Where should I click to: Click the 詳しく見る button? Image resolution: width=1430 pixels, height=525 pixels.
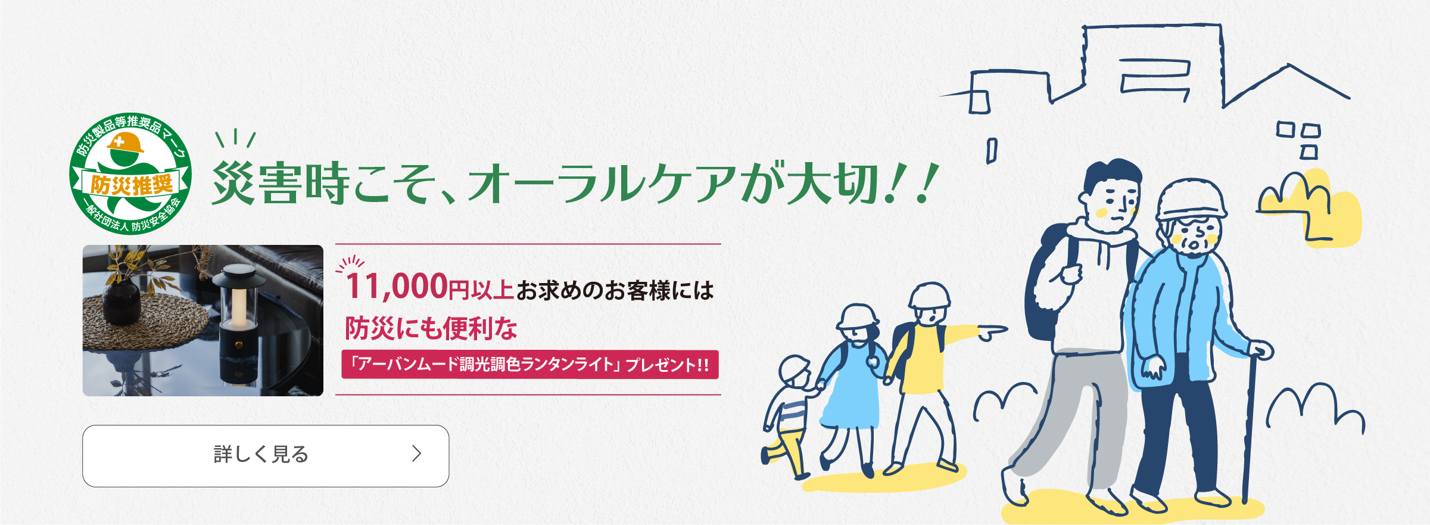click(x=266, y=456)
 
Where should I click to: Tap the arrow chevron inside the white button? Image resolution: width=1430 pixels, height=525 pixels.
click(x=417, y=454)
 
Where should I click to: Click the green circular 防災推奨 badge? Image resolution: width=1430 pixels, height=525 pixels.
click(x=130, y=173)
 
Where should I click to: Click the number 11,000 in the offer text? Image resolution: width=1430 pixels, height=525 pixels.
click(x=397, y=286)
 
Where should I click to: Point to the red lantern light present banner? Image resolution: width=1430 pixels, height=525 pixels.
click(x=530, y=365)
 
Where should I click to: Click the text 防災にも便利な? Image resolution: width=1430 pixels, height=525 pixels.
click(x=431, y=328)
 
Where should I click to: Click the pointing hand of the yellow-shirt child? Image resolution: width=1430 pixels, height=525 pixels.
click(x=992, y=331)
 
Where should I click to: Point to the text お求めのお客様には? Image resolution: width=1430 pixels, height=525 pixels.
click(x=615, y=291)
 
